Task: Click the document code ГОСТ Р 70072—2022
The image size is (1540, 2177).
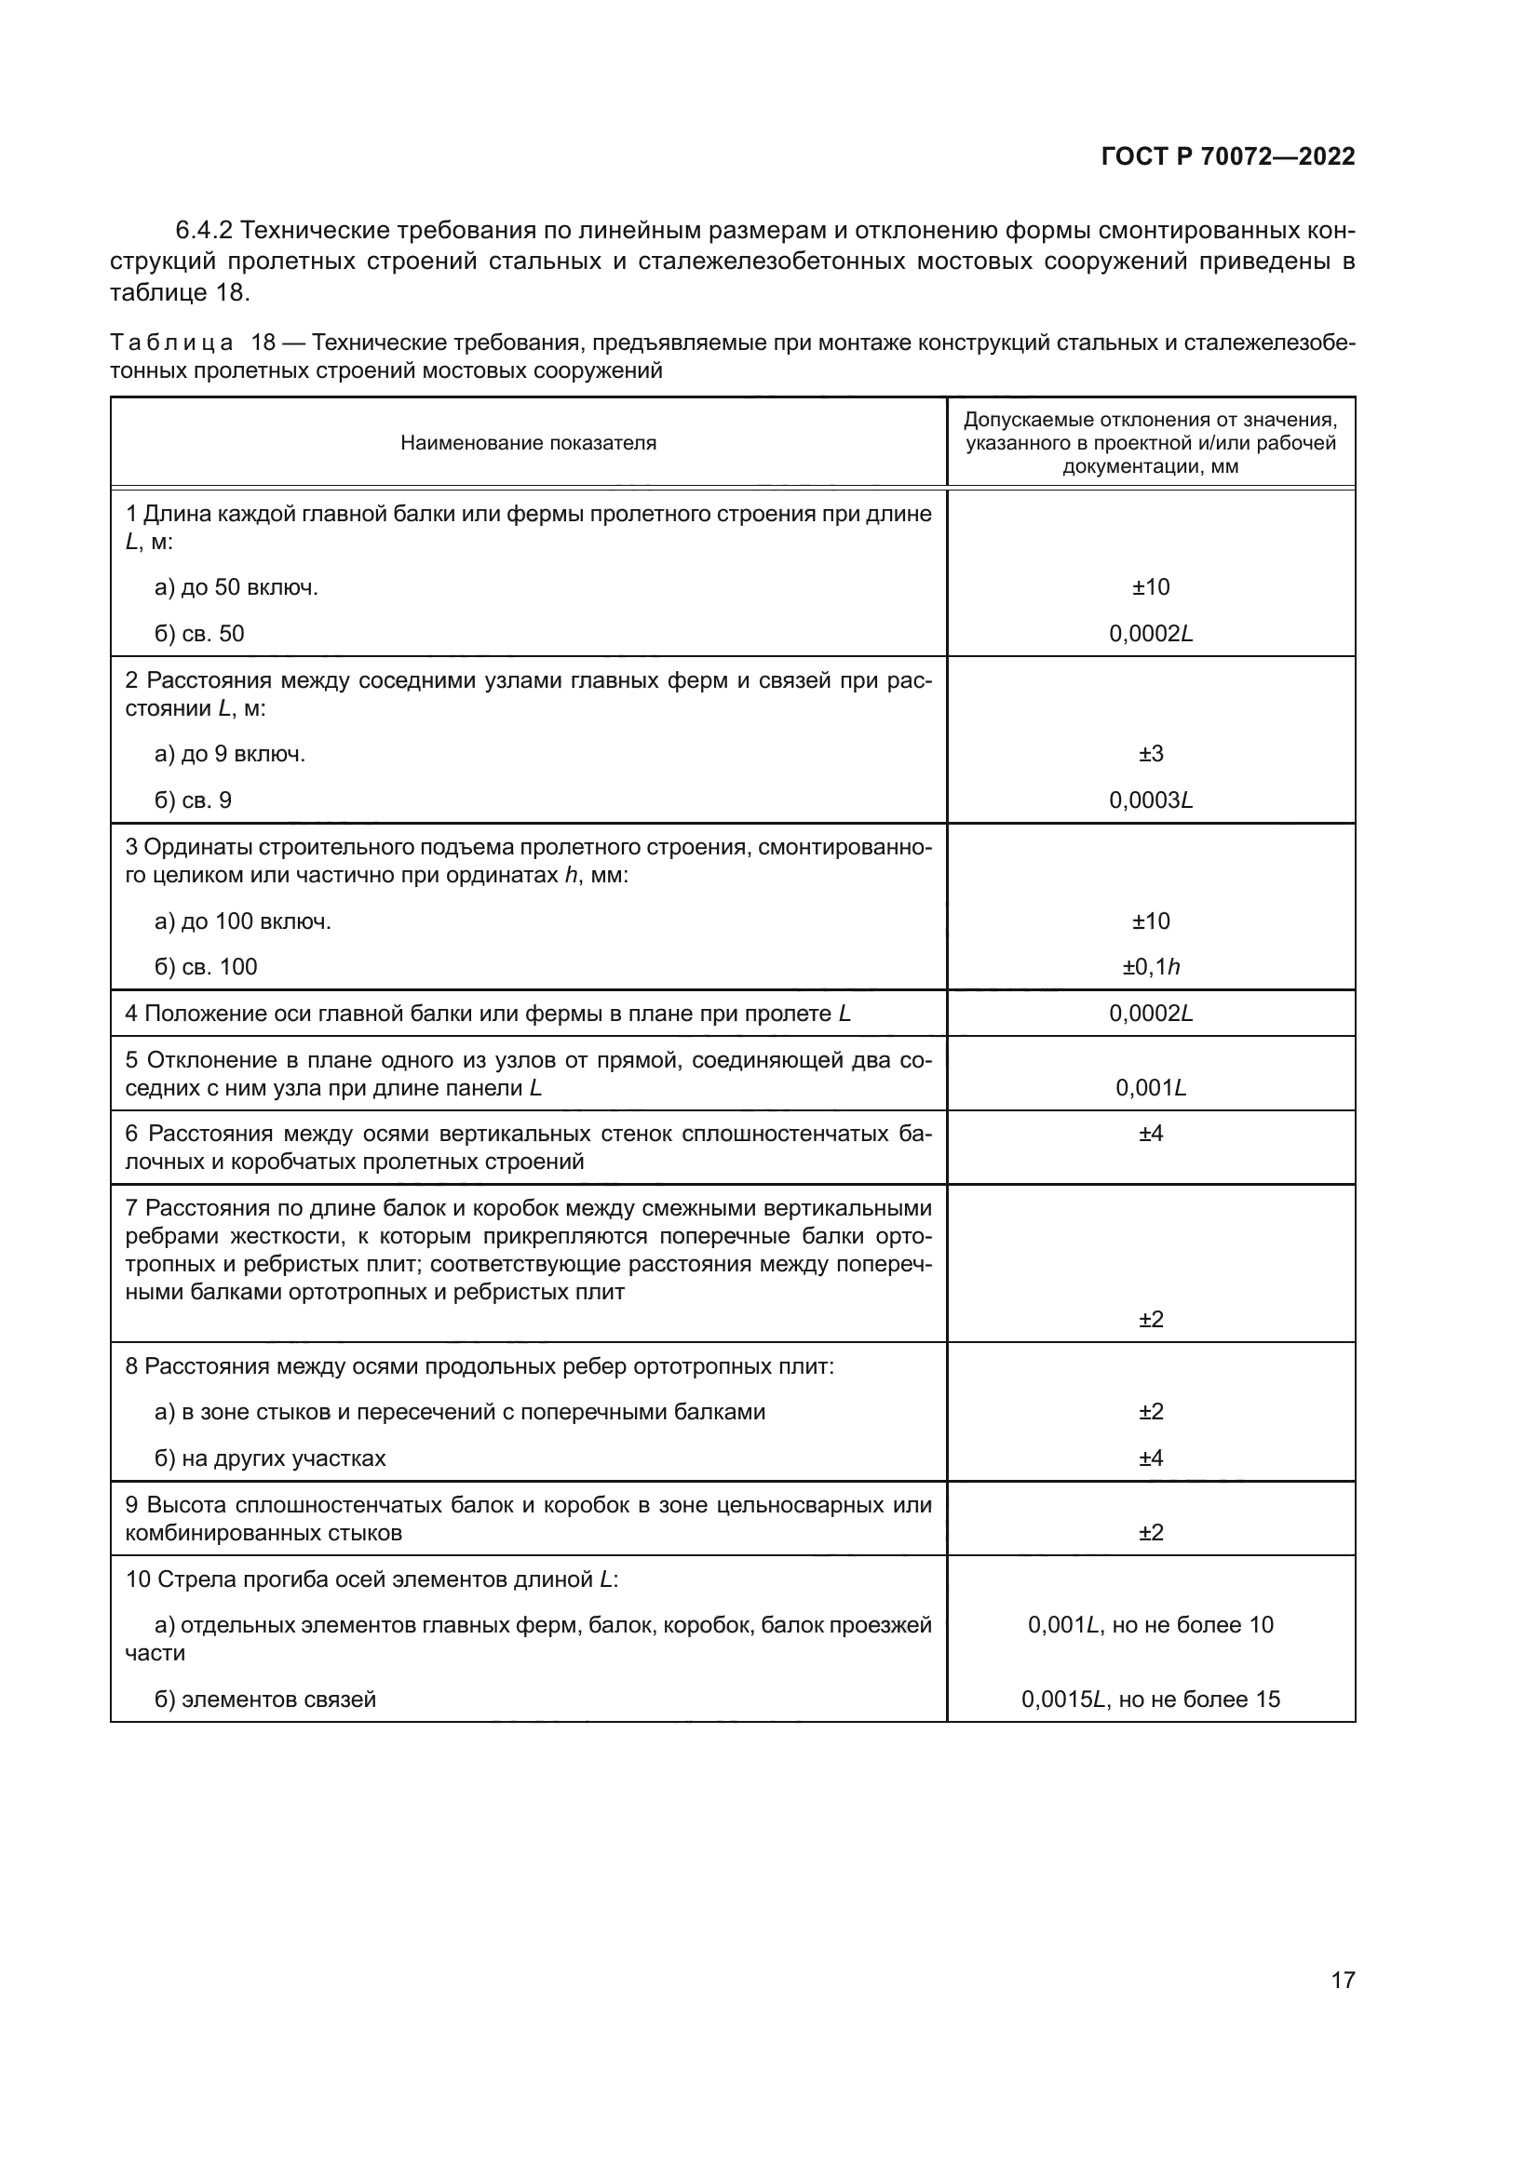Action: [1228, 157]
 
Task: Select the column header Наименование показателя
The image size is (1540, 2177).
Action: [528, 443]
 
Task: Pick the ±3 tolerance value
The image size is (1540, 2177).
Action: [1150, 754]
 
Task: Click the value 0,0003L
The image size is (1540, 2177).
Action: [1150, 800]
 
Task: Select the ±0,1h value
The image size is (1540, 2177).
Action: [1150, 967]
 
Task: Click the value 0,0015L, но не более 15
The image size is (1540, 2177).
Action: [1150, 1700]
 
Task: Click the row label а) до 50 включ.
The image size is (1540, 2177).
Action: [236, 588]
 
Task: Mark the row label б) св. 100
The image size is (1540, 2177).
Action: [206, 967]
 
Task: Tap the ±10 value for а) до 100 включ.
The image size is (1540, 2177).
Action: [1150, 921]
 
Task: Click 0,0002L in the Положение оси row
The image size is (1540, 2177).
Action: [1150, 1014]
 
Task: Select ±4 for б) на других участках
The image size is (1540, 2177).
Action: [1150, 1458]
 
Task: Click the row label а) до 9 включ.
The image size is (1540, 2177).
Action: [229, 755]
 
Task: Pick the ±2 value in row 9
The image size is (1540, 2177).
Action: [1150, 1532]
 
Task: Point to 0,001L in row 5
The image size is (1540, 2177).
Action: [1150, 1087]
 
